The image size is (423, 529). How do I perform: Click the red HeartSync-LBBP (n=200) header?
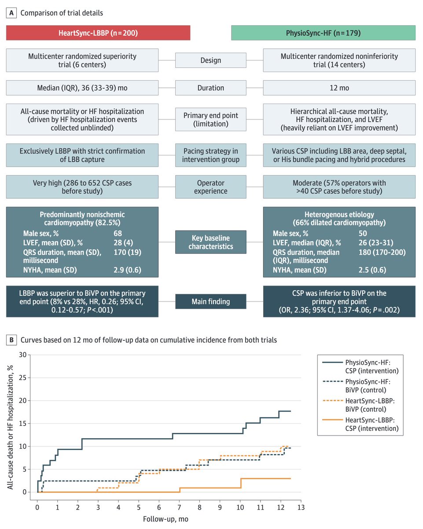click(x=98, y=33)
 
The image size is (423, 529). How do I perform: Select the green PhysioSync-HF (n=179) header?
click(x=323, y=33)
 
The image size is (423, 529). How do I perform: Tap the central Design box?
click(x=211, y=60)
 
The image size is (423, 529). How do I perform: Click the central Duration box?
click(x=211, y=88)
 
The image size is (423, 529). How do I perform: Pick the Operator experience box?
click(x=211, y=187)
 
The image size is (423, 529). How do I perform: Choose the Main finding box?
click(x=211, y=302)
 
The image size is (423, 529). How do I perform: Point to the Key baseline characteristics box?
click(x=211, y=242)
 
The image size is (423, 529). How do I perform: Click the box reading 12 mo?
click(x=339, y=88)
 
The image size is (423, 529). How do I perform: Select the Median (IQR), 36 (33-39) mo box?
click(x=82, y=88)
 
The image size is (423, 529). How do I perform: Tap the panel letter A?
click(x=11, y=13)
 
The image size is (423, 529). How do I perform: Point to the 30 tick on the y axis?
click(x=22, y=355)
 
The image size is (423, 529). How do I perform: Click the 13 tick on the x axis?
click(x=301, y=507)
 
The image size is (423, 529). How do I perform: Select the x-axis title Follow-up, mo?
click(x=166, y=519)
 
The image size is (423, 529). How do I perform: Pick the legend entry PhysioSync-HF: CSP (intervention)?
click(x=360, y=366)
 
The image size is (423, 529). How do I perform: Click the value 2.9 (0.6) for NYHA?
click(x=127, y=270)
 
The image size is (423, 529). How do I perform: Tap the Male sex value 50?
click(x=363, y=233)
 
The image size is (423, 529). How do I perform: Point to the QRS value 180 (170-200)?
click(x=382, y=252)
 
